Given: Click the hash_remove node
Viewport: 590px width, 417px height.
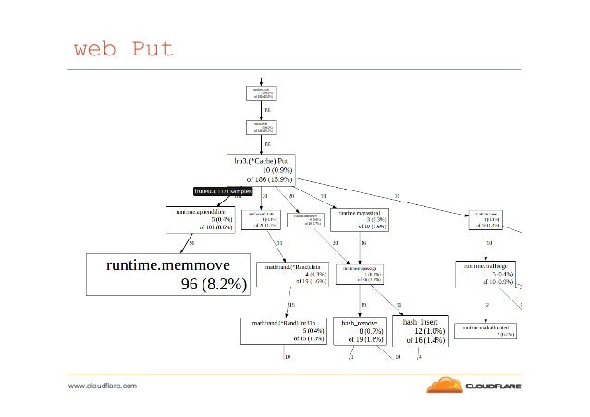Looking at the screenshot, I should point(362,331).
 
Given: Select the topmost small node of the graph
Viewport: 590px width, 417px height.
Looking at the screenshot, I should point(264,92).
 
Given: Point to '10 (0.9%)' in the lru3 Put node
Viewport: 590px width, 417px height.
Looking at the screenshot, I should point(278,170).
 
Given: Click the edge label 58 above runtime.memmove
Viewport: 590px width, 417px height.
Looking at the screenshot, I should point(191,241).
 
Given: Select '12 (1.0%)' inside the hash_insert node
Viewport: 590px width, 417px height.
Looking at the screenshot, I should point(428,331).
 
